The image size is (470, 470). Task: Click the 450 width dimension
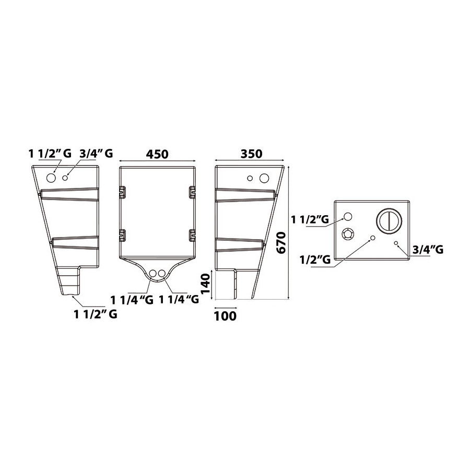point(157,154)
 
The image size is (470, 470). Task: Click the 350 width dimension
point(252,154)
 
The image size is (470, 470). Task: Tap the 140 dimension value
point(205,284)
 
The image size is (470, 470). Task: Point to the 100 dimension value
point(225,316)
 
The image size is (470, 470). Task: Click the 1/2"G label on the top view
point(315,260)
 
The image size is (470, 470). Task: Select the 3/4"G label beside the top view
point(428,250)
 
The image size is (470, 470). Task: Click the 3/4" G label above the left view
point(96,154)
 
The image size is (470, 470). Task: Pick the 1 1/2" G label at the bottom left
point(96,314)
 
